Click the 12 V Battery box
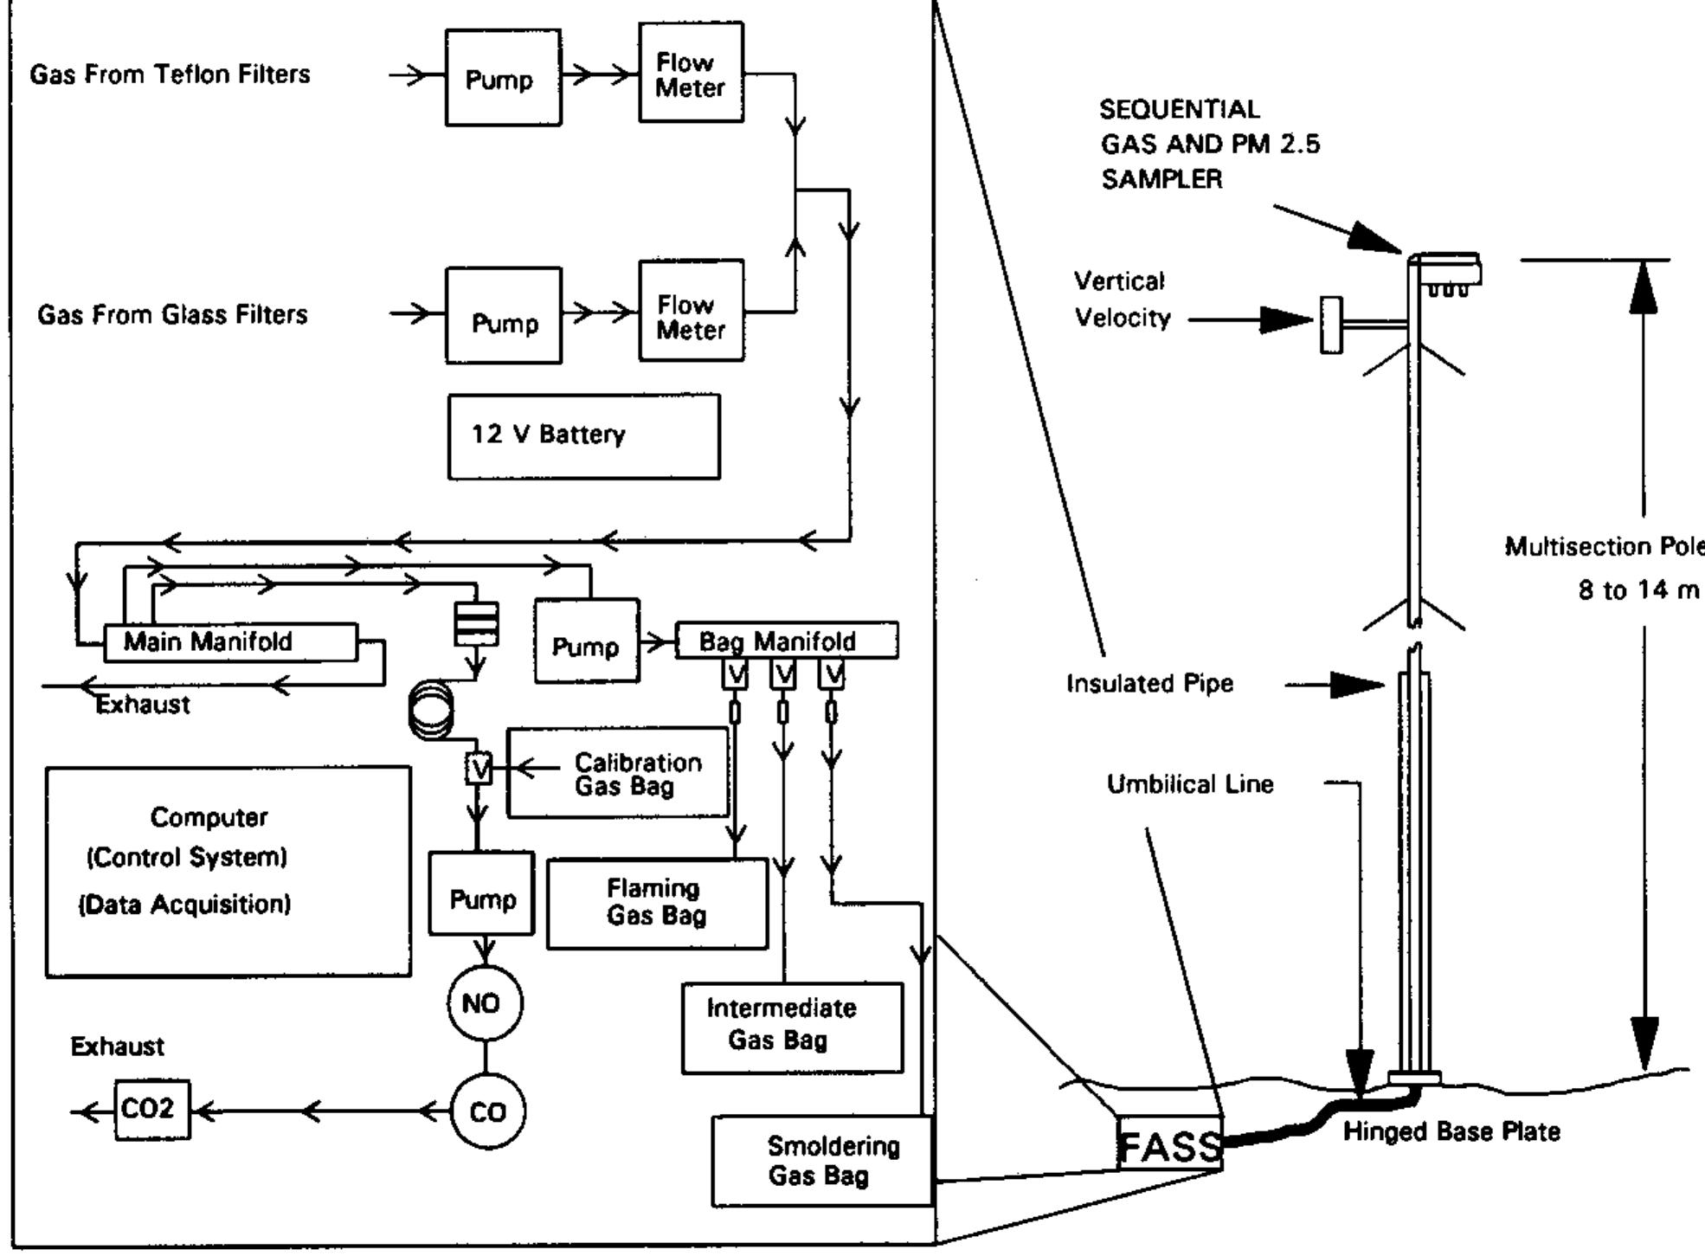click(x=583, y=436)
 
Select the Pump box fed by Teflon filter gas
click(x=503, y=78)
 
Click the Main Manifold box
click(x=230, y=642)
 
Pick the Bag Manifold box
click(x=786, y=641)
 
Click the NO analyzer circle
click(x=485, y=1003)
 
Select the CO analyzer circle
click(x=487, y=1111)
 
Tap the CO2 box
click(x=152, y=1110)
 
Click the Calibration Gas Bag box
click(x=618, y=773)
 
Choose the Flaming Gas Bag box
click(x=657, y=903)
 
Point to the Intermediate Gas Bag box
click(x=791, y=1027)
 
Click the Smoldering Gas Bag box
click(x=821, y=1161)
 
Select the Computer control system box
click(x=228, y=871)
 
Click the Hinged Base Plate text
click(x=1451, y=1132)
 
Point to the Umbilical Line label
click(x=1190, y=784)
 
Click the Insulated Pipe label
click(x=1149, y=684)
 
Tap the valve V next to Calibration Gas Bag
click(x=479, y=768)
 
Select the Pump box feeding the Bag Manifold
click(x=586, y=641)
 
